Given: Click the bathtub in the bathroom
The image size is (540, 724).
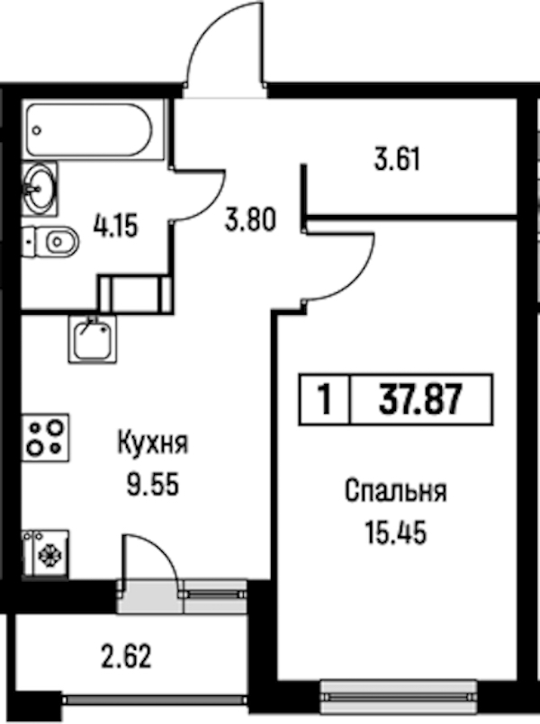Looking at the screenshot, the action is (89, 130).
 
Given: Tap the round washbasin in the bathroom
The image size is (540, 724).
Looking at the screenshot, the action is (40, 188).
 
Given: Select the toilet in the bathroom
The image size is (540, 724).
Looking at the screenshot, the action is (50, 242).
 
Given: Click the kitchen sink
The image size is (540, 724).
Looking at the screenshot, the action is (93, 339).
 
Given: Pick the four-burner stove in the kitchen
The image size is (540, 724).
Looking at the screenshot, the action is (46, 438).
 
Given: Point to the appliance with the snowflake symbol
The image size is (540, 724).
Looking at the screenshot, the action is (46, 554).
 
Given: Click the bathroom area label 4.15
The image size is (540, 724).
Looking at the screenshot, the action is (115, 228).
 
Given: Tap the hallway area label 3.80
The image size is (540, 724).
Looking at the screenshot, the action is (250, 219).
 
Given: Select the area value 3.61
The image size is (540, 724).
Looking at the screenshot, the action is (397, 160).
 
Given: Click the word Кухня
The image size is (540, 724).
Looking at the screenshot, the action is (153, 443).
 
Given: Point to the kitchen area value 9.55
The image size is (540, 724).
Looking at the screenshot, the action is (153, 485).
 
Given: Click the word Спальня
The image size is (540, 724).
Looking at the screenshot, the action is (395, 491).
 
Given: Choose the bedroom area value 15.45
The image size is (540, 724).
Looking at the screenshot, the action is (395, 533).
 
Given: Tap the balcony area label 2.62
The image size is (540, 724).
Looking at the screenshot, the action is (126, 657).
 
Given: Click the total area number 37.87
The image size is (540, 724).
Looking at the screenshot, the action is (420, 399).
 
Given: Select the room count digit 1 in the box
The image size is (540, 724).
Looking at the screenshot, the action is (326, 400).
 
